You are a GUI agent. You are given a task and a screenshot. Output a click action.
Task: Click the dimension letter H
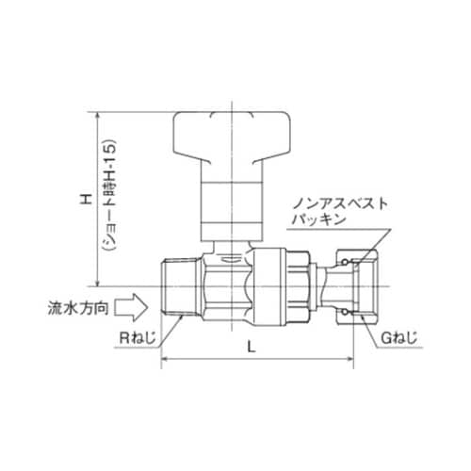pyautogui.click(x=88, y=200)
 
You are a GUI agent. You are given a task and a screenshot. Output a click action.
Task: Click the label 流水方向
pyautogui.click(x=78, y=307)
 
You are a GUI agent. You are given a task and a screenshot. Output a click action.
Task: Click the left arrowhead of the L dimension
pyautogui.click(x=168, y=361)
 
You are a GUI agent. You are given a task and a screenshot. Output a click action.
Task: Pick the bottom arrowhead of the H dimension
pyautogui.click(x=96, y=281)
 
